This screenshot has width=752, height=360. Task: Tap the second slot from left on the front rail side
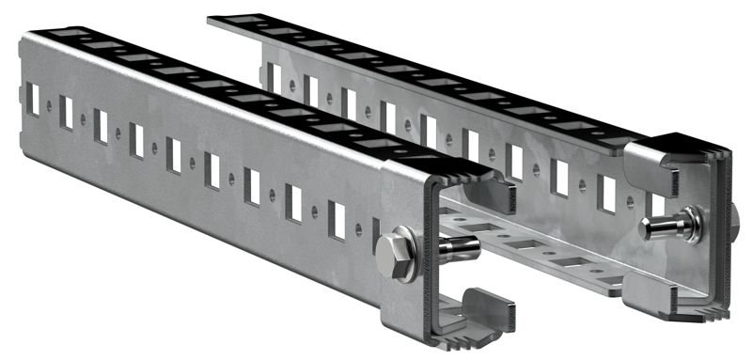coord(66,112)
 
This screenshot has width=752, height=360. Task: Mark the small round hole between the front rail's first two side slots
coord(49,105)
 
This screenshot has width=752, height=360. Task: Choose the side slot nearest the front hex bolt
coord(336,218)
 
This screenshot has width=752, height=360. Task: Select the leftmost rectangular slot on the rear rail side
coord(274,76)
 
